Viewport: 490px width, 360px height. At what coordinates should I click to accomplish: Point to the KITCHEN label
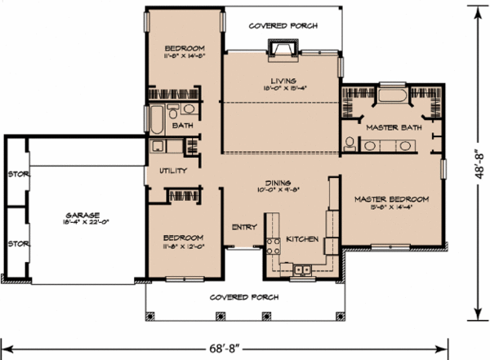(301, 239)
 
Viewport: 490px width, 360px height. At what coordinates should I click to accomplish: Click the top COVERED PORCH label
(283, 26)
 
